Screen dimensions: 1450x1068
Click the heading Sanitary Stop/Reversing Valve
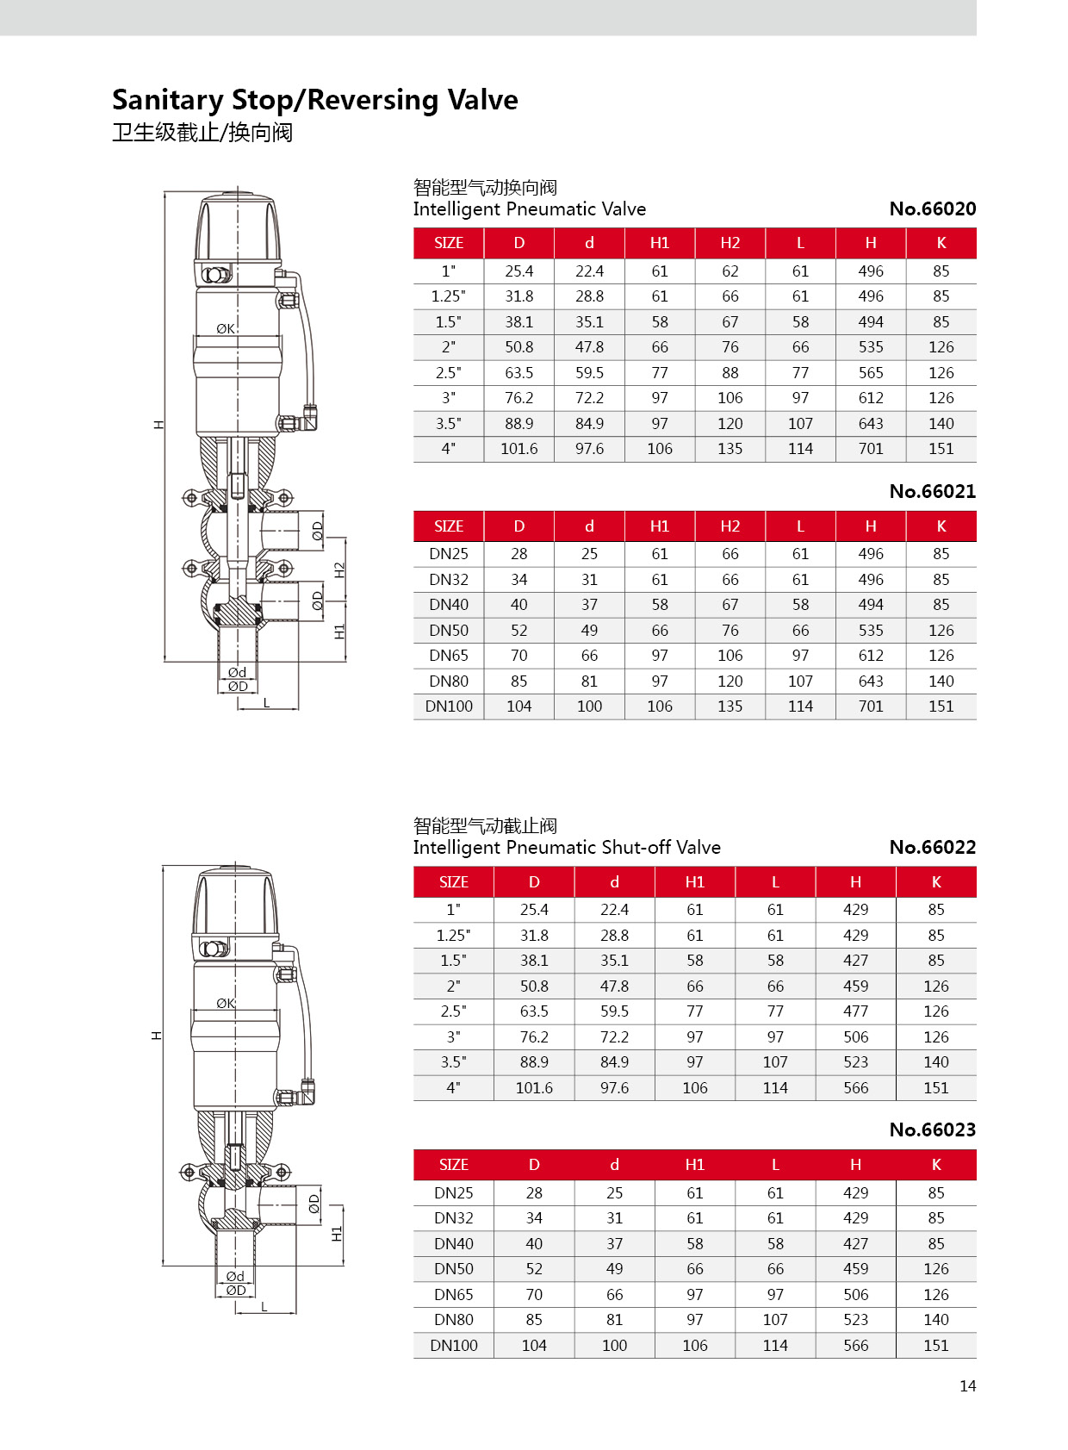click(x=315, y=100)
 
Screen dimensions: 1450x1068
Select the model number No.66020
click(x=932, y=208)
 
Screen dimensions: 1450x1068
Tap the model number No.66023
click(x=932, y=1130)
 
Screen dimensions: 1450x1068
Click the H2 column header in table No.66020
click(x=730, y=243)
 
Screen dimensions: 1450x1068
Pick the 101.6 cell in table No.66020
click(x=518, y=449)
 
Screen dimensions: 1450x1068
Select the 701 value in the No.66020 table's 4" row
click(x=870, y=449)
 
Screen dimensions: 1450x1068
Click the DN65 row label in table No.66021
click(x=449, y=656)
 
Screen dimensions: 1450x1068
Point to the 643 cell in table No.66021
click(x=870, y=681)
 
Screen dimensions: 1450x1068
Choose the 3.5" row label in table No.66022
click(x=453, y=1062)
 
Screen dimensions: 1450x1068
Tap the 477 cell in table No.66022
click(x=855, y=1011)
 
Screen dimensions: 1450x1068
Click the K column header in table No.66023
click(x=935, y=1165)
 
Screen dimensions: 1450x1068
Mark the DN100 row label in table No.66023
click(x=453, y=1346)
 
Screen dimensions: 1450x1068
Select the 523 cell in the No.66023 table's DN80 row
click(x=855, y=1320)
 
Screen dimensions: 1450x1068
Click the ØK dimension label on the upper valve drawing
click(x=226, y=328)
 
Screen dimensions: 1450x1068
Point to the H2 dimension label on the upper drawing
click(x=339, y=569)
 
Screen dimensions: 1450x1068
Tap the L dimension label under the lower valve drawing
click(x=264, y=1307)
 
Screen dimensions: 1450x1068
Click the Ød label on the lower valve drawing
click(x=235, y=1276)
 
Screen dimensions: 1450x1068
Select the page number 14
click(x=967, y=1386)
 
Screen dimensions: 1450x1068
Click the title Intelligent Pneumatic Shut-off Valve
click(x=567, y=848)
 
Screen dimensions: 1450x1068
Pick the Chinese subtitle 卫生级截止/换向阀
click(x=202, y=133)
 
